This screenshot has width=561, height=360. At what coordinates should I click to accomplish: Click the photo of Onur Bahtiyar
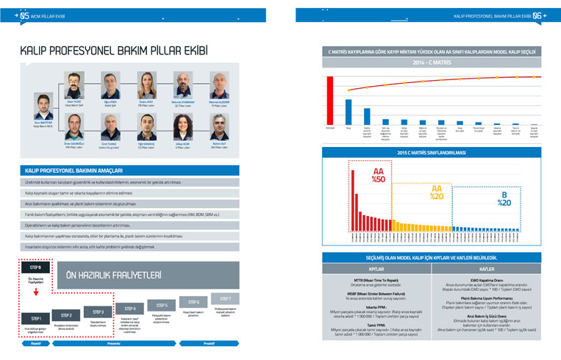pos(43,104)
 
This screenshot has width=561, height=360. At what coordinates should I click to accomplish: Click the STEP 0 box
pos(35,268)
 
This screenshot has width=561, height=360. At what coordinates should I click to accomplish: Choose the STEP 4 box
pos(130,308)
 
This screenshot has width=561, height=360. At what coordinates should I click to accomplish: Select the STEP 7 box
pos(224,299)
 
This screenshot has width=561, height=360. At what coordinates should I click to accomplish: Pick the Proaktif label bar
pos(208,342)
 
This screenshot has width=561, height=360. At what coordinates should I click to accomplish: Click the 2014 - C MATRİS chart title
pos(432,64)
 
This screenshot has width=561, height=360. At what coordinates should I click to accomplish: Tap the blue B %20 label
pos(504,199)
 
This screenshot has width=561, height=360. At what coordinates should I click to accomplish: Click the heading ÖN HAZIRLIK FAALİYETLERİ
pos(114,274)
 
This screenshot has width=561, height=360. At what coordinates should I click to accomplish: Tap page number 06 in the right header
pos(537,14)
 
